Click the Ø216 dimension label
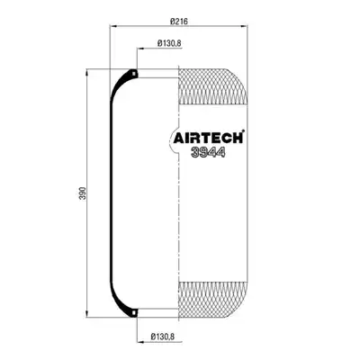[179, 22]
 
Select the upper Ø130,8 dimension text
[169, 43]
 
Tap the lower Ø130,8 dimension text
[163, 337]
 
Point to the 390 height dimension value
[83, 193]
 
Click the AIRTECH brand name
[209, 138]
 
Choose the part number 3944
[209, 153]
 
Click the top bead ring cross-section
[134, 73]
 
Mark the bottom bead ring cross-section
[134, 312]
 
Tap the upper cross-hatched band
[213, 86]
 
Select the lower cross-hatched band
[213, 300]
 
